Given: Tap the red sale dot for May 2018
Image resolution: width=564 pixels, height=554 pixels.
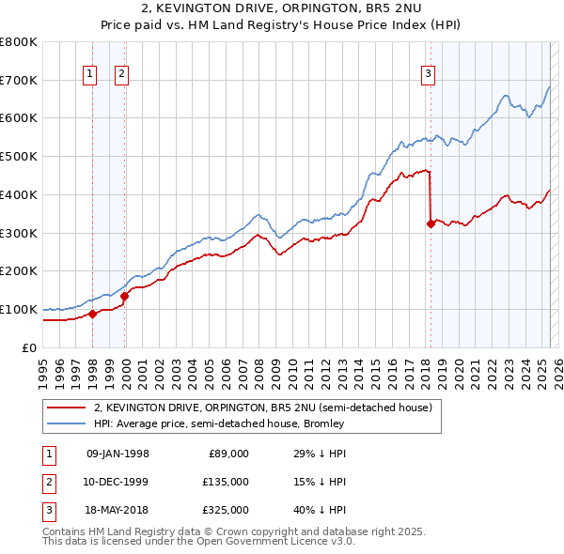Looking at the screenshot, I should [x=431, y=223].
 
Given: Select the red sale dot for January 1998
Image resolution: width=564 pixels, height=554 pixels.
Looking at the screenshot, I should [x=92, y=314].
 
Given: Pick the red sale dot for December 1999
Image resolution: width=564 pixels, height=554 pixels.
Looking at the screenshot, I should [x=124, y=296].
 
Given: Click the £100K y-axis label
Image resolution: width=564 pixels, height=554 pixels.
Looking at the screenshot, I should [x=20, y=309].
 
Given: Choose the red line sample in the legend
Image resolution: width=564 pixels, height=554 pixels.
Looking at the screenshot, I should [x=66, y=408].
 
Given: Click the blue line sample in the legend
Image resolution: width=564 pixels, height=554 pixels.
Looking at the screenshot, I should [x=66, y=423].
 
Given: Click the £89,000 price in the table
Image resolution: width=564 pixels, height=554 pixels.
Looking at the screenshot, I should [x=227, y=454].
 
